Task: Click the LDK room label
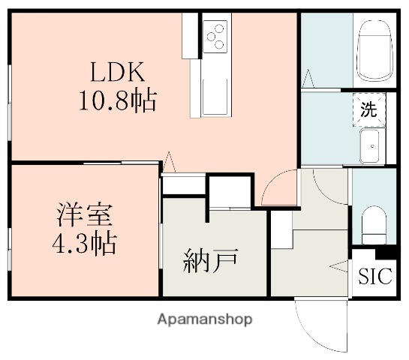point(118,73)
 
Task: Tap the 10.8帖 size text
point(118,100)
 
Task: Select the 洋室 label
point(85,215)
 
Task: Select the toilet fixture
point(373,223)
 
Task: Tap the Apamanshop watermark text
point(204,319)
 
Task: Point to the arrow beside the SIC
point(338,264)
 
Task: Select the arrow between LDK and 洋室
point(169,160)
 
